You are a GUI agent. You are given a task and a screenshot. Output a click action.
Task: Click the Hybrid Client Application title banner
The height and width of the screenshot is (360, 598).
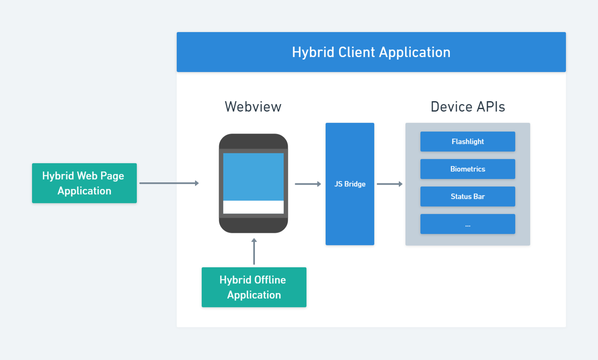coord(371,52)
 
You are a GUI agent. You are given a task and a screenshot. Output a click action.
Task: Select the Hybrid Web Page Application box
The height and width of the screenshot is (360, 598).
coord(84,183)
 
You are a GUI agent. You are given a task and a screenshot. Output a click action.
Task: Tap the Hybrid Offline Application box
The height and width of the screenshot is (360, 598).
coord(254,287)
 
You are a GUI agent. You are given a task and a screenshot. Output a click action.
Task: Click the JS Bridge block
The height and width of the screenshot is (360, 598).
coord(350,184)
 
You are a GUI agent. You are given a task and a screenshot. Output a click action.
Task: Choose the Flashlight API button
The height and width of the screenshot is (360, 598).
coord(468,142)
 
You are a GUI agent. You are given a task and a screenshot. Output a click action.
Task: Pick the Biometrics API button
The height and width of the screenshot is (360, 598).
coord(468,169)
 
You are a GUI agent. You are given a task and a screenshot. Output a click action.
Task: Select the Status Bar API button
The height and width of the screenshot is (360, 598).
coord(468,196)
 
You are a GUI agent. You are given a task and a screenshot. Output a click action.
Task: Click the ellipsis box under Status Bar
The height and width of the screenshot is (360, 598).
coord(468,224)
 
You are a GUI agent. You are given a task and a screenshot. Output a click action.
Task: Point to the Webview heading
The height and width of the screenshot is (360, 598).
coord(253,107)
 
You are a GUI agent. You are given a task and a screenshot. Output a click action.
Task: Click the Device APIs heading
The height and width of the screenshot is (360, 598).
coord(468,107)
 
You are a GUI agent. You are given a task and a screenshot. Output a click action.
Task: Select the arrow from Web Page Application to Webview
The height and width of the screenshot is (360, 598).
coord(169,183)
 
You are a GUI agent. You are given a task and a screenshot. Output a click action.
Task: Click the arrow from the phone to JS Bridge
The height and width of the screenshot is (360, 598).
coord(308,184)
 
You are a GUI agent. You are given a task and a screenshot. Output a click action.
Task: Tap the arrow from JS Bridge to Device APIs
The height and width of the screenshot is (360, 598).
coord(390,184)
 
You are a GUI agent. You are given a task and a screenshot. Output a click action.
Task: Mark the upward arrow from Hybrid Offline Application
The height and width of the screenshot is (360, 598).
coord(254,251)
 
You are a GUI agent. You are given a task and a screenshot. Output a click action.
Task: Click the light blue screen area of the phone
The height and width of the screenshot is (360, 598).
coord(253,176)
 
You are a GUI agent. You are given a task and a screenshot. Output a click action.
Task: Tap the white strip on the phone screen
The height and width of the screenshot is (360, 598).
coord(253,207)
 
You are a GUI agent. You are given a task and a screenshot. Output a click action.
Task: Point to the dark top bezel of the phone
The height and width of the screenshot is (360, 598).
coord(253,142)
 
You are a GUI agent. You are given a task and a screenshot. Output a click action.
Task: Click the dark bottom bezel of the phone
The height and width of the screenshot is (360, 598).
coord(253,225)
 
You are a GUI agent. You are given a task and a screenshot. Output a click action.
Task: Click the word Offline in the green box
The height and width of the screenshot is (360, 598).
coord(269,280)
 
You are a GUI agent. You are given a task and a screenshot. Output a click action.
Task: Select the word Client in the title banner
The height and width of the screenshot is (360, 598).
coord(356,52)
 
